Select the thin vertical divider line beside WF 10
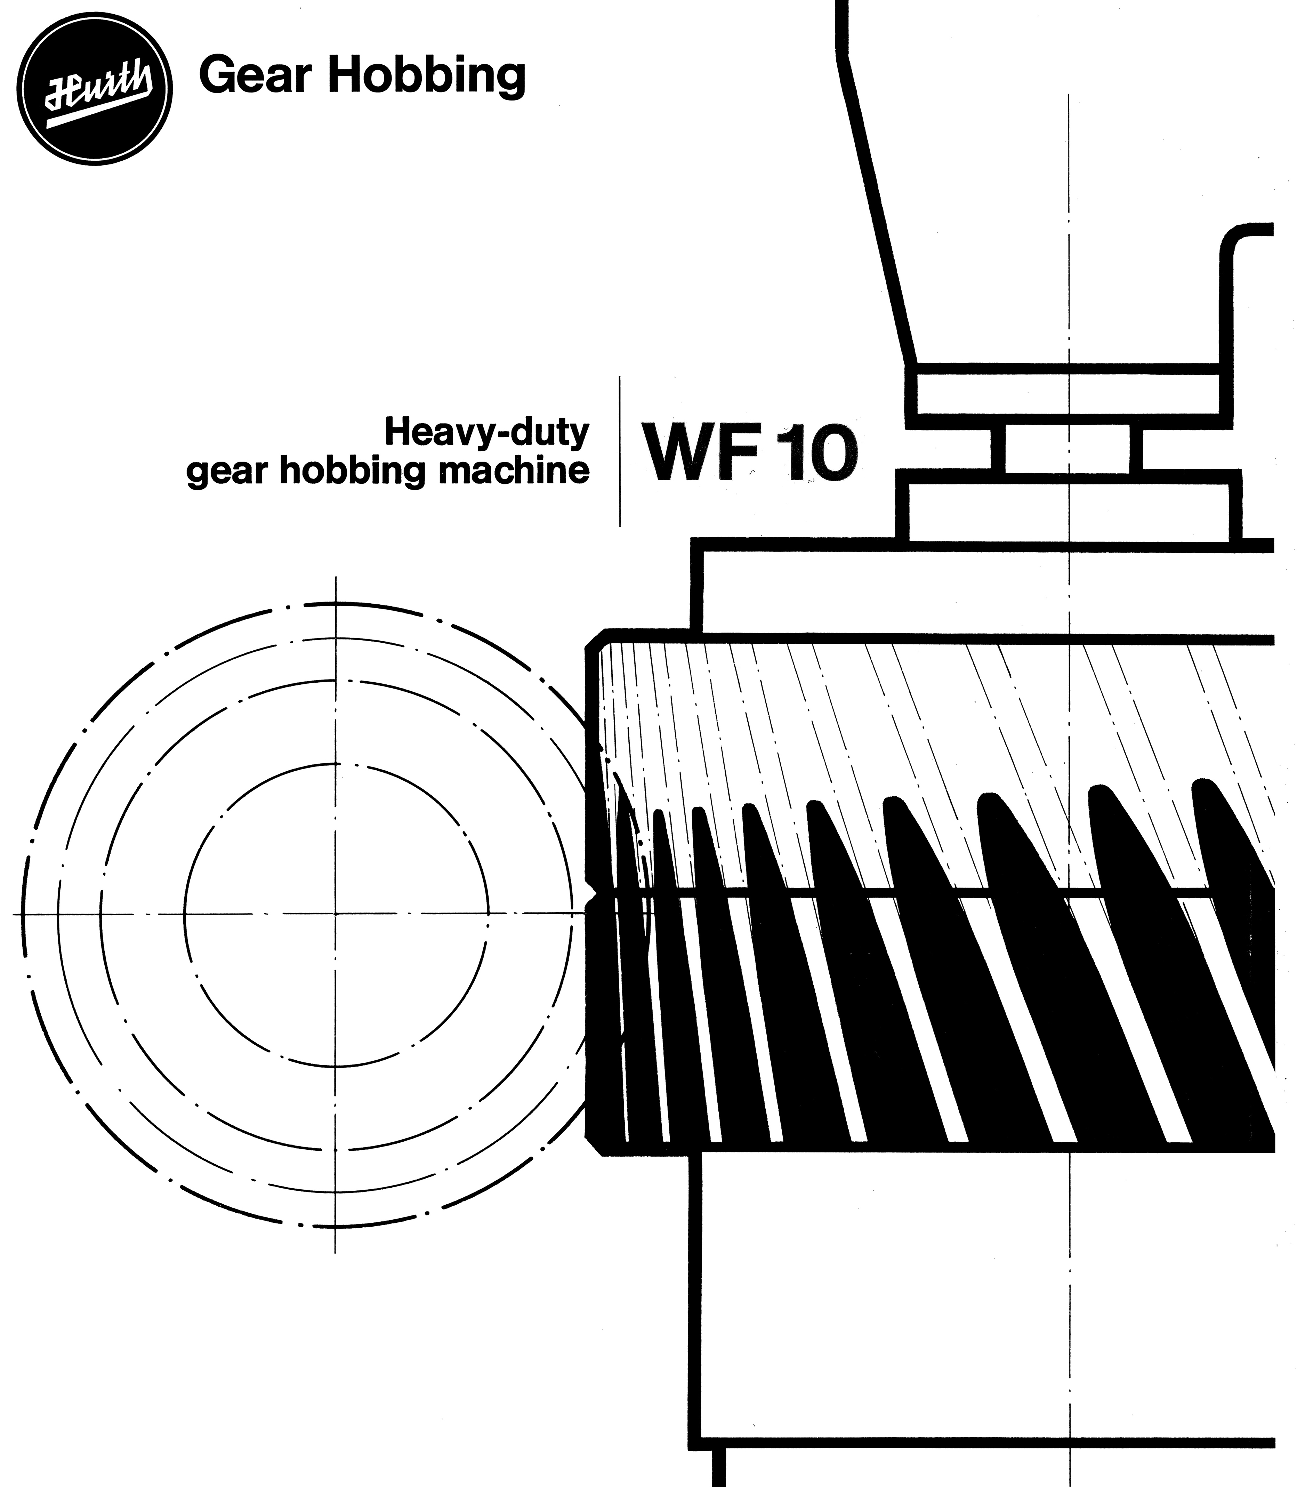(x=620, y=451)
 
